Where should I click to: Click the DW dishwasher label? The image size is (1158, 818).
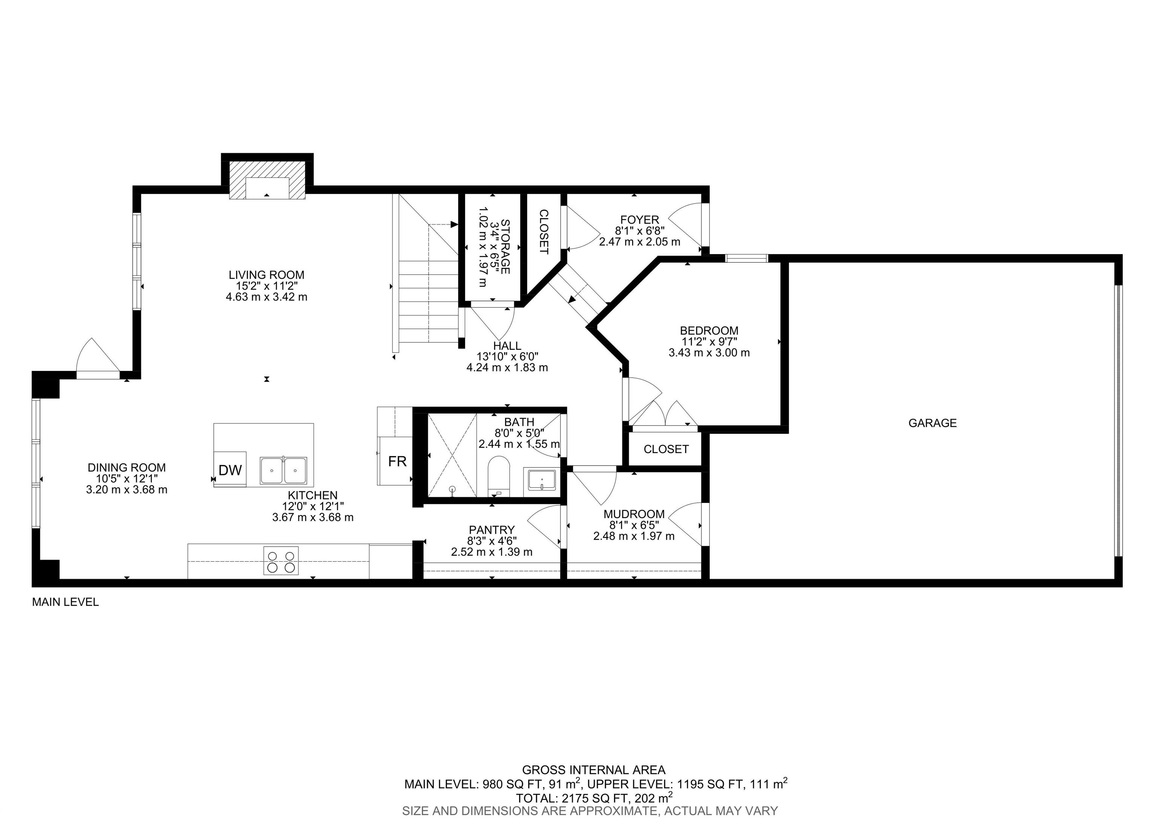tap(230, 470)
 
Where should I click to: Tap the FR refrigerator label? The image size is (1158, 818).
tap(397, 461)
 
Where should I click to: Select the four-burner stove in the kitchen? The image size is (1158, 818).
tap(281, 561)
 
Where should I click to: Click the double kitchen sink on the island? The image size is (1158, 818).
tap(283, 470)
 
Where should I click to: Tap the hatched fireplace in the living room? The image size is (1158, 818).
tap(267, 181)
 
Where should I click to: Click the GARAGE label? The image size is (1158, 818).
tap(932, 423)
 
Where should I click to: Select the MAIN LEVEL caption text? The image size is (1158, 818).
tap(65, 602)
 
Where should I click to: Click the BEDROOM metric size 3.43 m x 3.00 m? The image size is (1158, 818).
tap(709, 353)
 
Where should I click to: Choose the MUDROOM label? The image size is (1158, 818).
tap(634, 514)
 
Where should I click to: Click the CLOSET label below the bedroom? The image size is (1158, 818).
tap(666, 449)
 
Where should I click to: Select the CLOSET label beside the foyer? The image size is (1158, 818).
tap(544, 231)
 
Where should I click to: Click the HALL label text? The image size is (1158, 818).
tap(507, 346)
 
